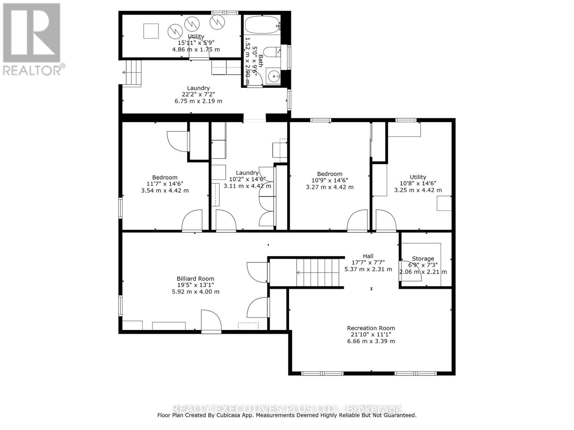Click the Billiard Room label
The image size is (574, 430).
(195, 278)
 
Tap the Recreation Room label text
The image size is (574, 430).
(371, 328)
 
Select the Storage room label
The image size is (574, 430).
(423, 258)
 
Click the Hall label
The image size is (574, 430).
(368, 256)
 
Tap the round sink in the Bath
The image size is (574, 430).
(274, 76)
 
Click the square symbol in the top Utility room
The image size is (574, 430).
(151, 31)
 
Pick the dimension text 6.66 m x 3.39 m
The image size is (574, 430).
(371, 341)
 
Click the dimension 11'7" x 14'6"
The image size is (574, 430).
(165, 183)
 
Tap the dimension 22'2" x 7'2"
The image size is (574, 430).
(198, 95)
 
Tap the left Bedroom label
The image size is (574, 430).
(165, 177)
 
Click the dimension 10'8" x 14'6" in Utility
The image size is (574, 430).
(418, 183)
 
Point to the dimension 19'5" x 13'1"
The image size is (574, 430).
(195, 285)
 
